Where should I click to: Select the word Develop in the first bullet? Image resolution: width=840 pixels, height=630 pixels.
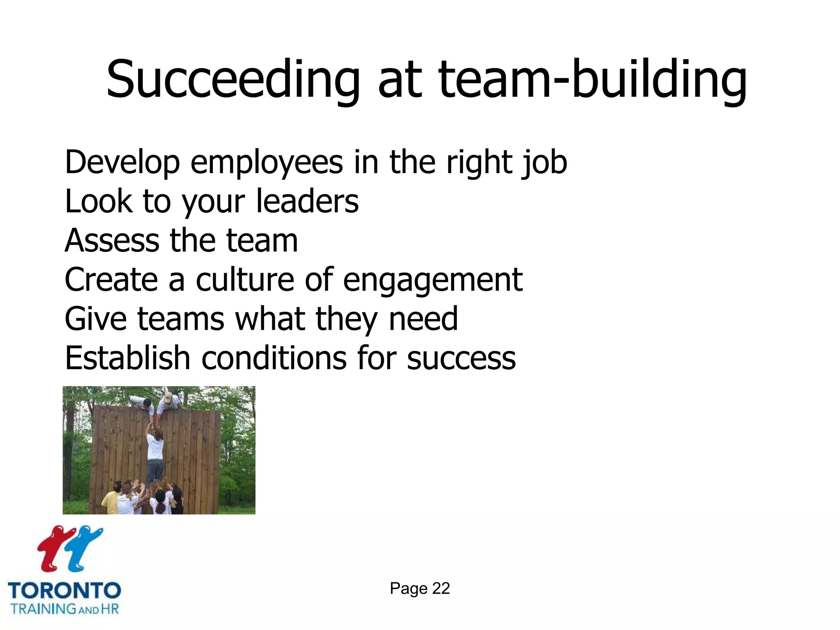click(122, 163)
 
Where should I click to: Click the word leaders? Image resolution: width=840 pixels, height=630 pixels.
click(307, 201)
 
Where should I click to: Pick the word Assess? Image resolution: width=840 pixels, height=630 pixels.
click(112, 240)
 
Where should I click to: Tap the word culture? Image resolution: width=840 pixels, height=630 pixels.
click(245, 280)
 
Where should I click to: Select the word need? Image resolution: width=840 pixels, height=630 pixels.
click(423, 319)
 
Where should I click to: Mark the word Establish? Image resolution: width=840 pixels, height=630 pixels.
click(127, 358)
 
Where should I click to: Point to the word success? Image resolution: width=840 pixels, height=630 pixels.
click(461, 358)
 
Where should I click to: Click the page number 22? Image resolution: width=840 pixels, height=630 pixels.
click(441, 589)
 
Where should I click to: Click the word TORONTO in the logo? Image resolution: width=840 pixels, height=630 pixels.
click(64, 591)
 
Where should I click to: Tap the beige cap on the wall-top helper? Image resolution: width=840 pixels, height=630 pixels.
click(168, 396)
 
